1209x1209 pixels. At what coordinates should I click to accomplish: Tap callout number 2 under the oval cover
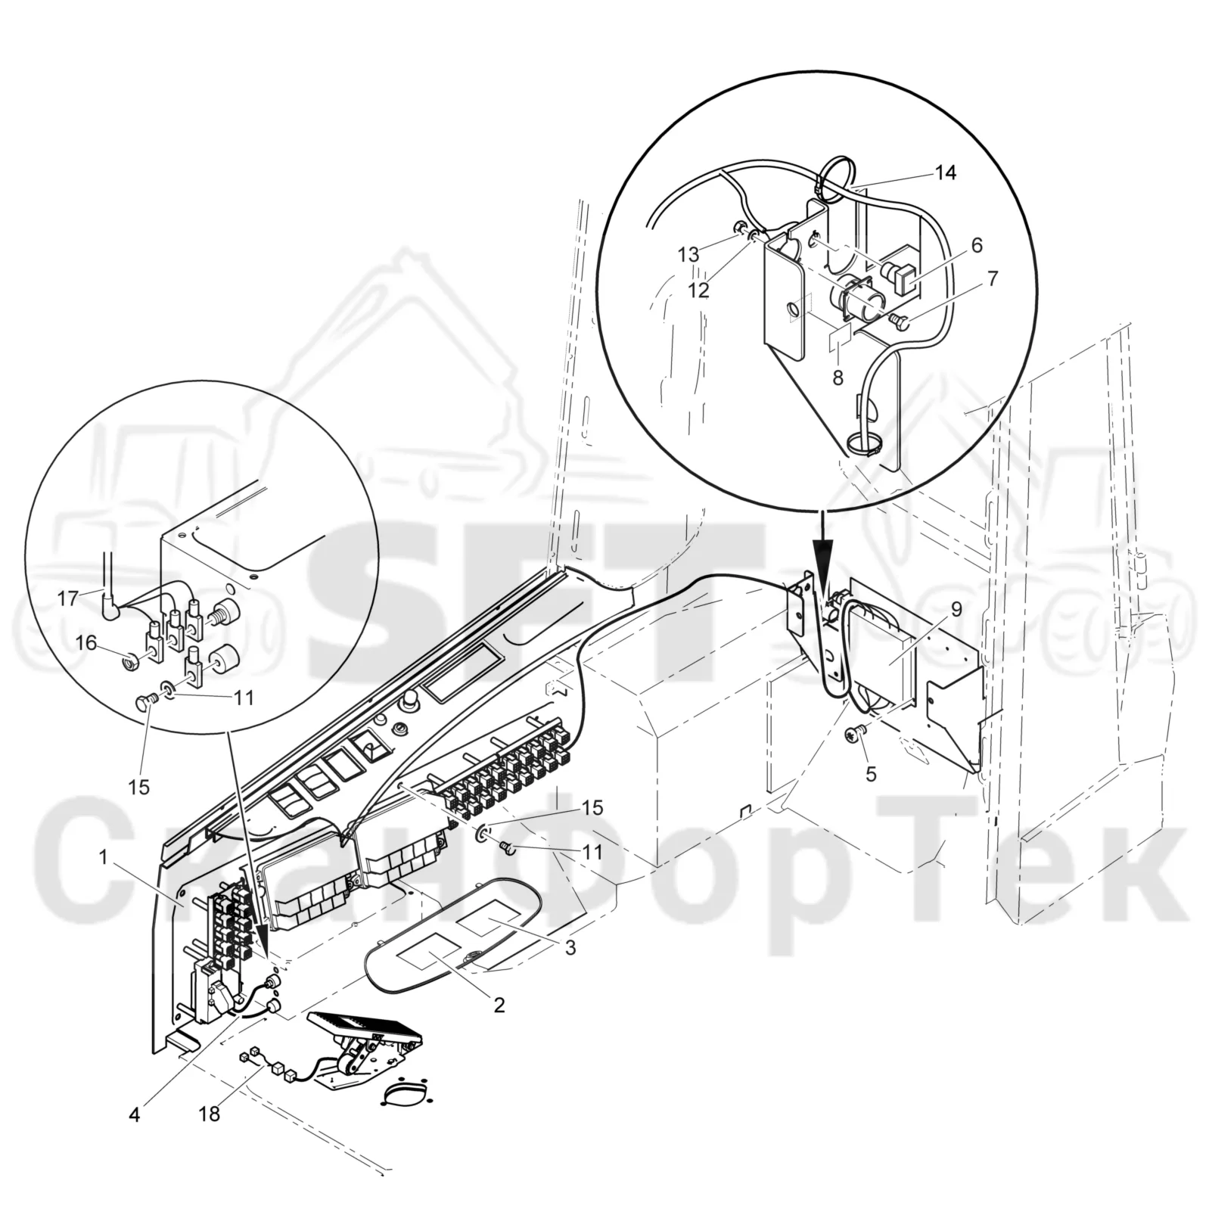click(499, 1005)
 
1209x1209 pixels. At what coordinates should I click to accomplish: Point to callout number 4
click(134, 1114)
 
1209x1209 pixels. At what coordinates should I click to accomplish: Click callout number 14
click(946, 172)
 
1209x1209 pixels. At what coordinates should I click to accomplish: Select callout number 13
click(688, 255)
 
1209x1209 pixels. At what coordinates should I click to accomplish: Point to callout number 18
click(210, 1114)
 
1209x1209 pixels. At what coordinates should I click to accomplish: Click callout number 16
click(86, 642)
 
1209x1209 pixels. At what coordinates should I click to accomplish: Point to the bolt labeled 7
click(900, 322)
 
